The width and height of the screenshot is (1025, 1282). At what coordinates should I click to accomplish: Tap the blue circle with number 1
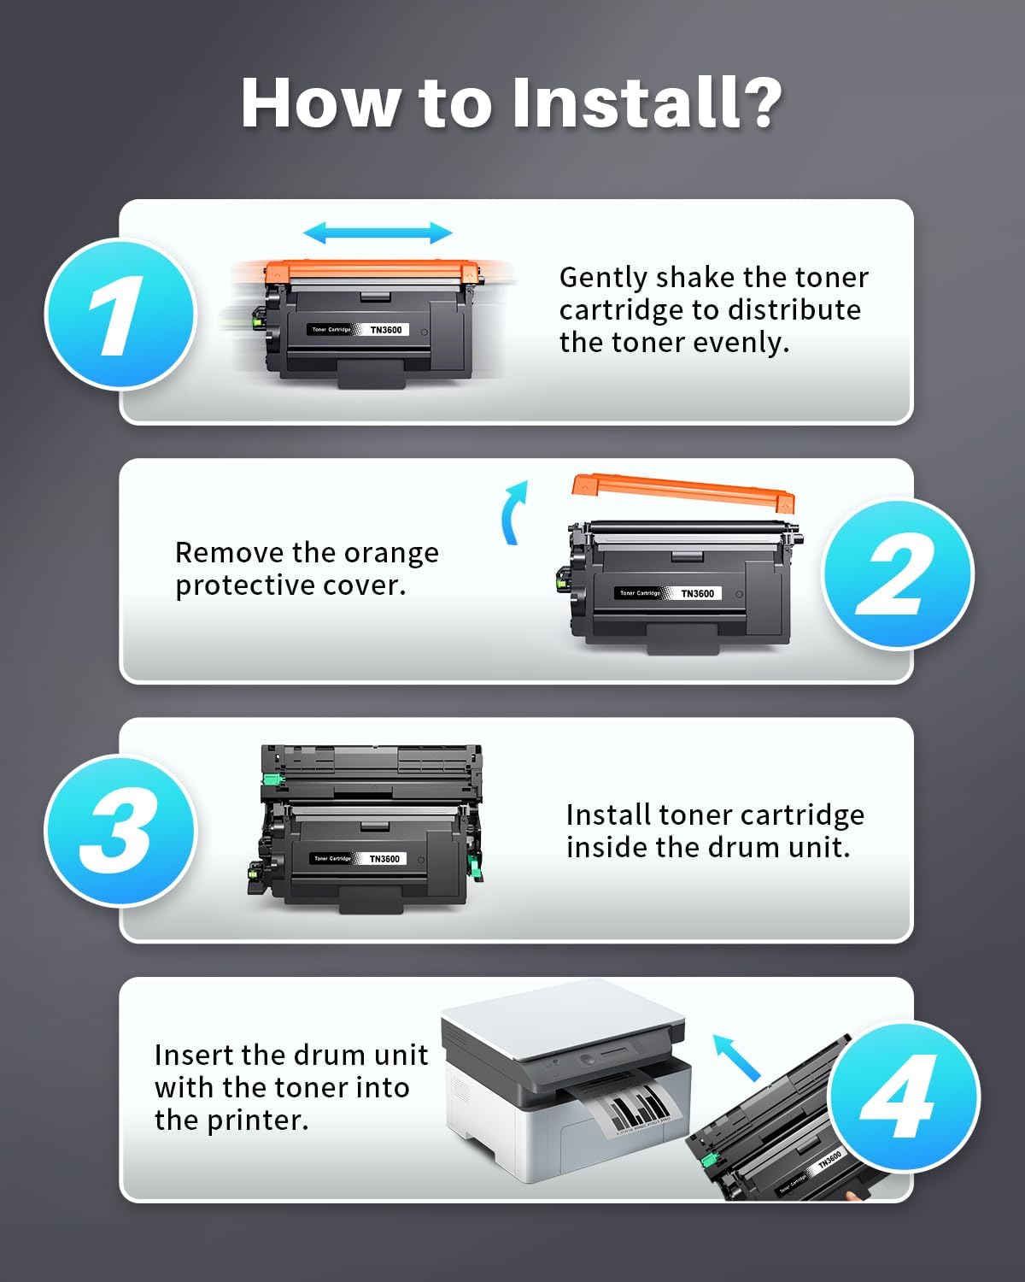point(120,314)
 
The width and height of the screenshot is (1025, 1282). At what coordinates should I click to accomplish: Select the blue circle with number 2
point(898,573)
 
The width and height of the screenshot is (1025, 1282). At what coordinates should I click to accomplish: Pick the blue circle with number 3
point(120,831)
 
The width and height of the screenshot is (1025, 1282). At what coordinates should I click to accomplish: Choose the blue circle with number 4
point(904,1097)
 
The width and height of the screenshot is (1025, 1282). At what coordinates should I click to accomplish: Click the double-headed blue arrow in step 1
point(378,232)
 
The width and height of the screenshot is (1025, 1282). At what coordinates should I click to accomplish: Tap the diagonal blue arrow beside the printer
point(737,1057)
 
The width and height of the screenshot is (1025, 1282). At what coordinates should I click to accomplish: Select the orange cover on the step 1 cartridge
point(372,272)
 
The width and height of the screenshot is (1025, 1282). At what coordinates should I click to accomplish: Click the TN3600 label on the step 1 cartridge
point(386,329)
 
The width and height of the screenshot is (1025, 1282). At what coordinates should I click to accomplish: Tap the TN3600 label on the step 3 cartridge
point(384,858)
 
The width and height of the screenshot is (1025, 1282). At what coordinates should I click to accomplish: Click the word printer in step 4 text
point(258,1120)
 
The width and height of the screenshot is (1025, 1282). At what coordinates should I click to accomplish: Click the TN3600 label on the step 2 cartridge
point(698,593)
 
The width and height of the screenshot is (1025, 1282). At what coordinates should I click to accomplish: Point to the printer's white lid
point(563,1018)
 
